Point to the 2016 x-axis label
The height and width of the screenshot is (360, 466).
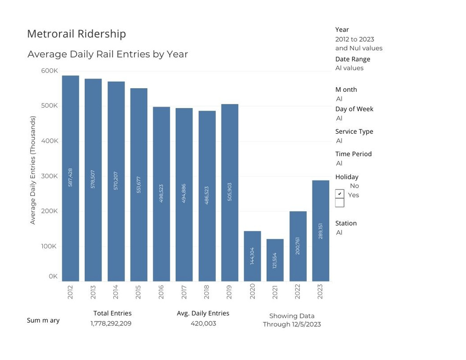coord(161,292)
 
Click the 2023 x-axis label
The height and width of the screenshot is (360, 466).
coord(320,292)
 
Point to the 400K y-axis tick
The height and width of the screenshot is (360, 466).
coord(50,141)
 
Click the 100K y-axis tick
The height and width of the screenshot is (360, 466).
coord(50,246)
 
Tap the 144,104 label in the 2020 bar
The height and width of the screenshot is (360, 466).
coord(252,256)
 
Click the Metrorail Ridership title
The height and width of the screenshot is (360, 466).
coord(77,34)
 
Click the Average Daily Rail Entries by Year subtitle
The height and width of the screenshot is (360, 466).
coord(108,54)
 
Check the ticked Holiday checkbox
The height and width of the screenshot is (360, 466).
coord(339,194)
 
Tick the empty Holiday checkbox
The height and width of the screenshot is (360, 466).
coord(339,203)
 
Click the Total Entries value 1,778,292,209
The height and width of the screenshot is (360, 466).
coord(111,324)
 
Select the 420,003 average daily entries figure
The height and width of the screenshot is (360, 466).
coord(203,324)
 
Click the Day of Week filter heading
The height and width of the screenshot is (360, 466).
coord(354,109)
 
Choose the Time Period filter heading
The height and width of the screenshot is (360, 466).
coord(353,154)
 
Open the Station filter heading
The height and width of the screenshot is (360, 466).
coord(346,223)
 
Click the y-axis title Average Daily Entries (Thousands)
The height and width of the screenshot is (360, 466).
coord(32,170)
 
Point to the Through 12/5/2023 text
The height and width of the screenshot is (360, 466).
coord(292,324)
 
